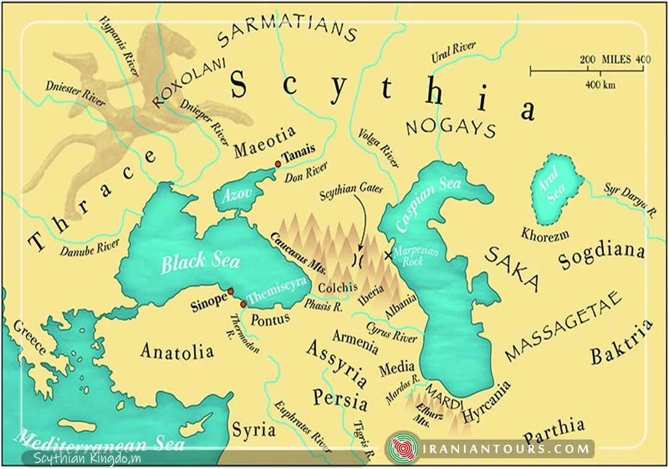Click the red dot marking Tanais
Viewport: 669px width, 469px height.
[278, 164]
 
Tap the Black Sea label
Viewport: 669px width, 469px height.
[200, 262]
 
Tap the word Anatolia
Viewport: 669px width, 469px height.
[177, 351]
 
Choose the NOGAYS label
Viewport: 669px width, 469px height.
[450, 127]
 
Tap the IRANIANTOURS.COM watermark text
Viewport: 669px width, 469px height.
[506, 448]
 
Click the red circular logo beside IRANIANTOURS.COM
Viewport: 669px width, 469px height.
[403, 449]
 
